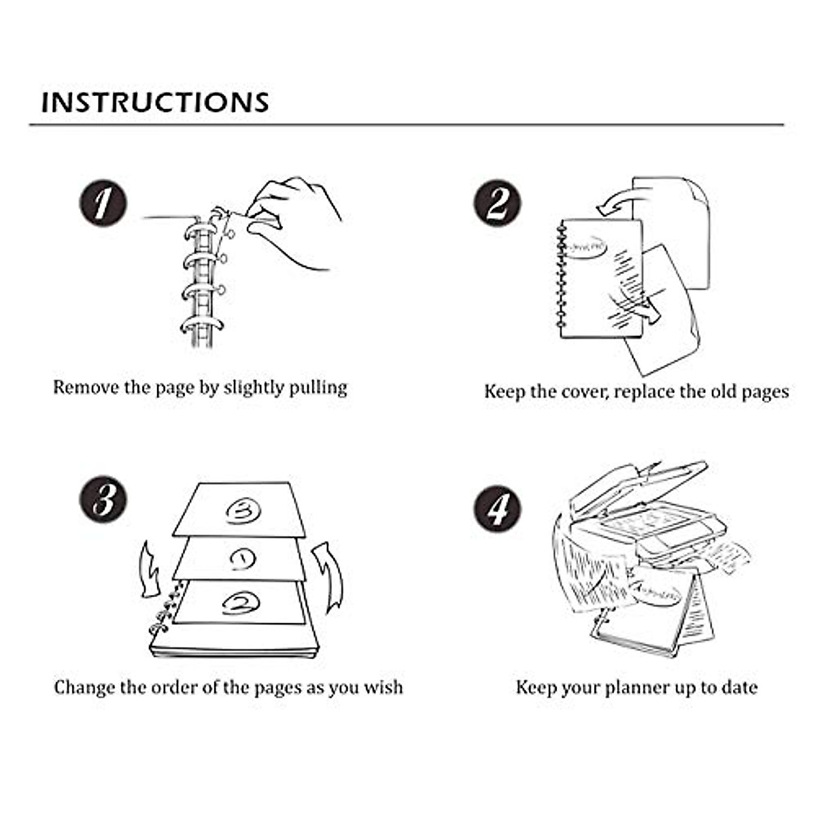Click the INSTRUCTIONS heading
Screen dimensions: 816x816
pos(155,102)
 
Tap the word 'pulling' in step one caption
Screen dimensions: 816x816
pos(318,388)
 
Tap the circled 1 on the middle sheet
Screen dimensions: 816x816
pos(242,559)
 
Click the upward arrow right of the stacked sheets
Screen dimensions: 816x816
pos(329,575)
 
